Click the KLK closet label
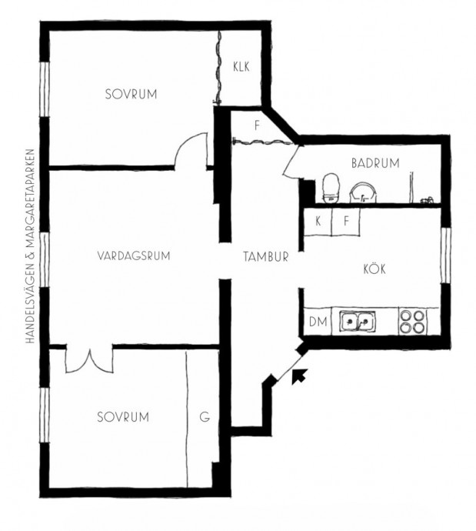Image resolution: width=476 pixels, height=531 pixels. pos(241,67)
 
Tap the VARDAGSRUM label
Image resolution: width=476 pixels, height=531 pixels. pos(134,255)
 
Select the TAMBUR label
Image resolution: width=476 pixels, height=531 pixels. pos(266,257)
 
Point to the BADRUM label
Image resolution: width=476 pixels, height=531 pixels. pos(375,163)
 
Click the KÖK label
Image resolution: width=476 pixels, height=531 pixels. pos(374,269)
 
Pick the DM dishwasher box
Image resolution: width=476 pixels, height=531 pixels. pos(318,322)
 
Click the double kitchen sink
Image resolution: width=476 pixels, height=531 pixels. pos(358,321)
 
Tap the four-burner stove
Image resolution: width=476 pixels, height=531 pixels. pos(412,322)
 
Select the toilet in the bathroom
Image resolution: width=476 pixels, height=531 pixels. pos(330,188)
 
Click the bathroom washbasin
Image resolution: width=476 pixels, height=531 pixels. pos(363,192)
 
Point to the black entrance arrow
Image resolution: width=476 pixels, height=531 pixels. pos(299,376)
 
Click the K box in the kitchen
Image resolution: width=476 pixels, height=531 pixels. pos(318,222)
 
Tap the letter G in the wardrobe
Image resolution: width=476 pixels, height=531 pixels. pos(205,417)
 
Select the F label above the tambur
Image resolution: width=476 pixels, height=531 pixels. pos(257,126)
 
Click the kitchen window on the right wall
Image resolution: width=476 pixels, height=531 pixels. pos(446,255)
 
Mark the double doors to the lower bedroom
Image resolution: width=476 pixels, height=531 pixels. pos(89,359)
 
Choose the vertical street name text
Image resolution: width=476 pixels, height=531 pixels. pos(30,246)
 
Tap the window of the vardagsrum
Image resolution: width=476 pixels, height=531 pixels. pos(45,260)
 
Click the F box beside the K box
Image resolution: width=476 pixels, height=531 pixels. pos(346,222)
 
